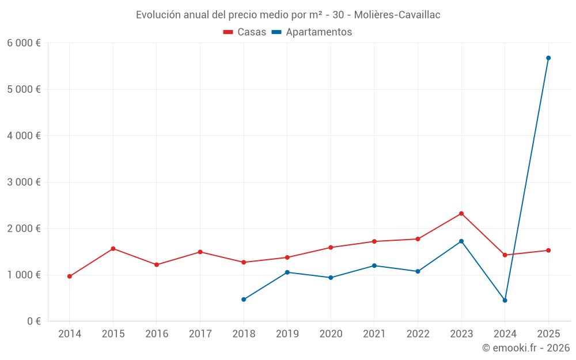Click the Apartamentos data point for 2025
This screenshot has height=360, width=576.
coord(548,58)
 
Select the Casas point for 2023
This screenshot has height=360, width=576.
coord(461,214)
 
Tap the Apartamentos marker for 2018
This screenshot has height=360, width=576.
coord(244,300)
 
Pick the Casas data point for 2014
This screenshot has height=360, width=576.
coord(70,276)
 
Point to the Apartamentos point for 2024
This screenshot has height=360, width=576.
coord(505,301)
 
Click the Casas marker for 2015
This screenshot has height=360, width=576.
coord(113,249)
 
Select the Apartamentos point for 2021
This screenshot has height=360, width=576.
coord(374,266)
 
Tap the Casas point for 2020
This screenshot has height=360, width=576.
coord(331,248)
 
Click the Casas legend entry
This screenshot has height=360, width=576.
coord(245,32)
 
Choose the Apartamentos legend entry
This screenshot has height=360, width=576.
coord(311,32)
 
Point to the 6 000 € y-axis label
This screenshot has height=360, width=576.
coord(24,43)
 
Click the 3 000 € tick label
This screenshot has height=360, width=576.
coord(24,182)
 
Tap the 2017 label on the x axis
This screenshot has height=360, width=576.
coord(200,334)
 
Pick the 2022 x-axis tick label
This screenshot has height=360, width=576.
coord(418,334)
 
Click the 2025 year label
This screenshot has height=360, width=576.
coord(548,334)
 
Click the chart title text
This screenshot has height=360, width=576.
coord(288,15)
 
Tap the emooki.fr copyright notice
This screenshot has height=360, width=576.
coord(525,348)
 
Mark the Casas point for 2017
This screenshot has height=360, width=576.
coord(200,252)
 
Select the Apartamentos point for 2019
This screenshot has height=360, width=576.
coord(287,272)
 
